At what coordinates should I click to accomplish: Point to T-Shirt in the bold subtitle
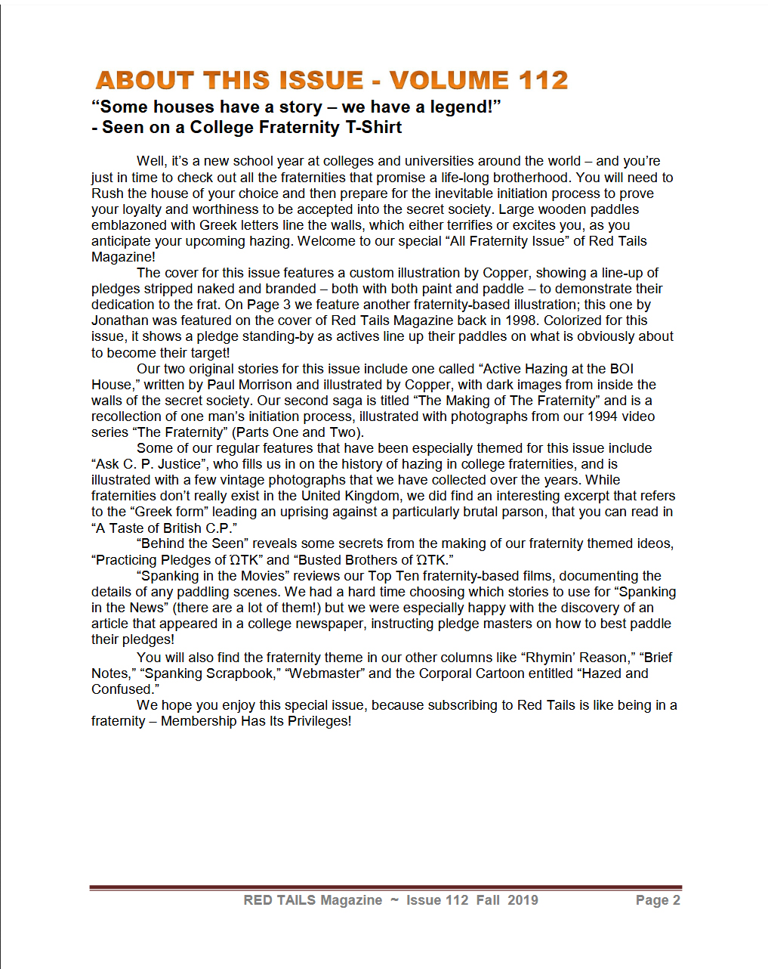[373, 128]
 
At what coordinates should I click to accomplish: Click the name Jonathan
[119, 320]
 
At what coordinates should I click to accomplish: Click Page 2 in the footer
[658, 900]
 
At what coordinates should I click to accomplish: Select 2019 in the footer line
[523, 900]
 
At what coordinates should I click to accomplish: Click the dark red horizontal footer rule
[385, 887]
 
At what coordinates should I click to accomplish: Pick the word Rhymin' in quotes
[551, 658]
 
